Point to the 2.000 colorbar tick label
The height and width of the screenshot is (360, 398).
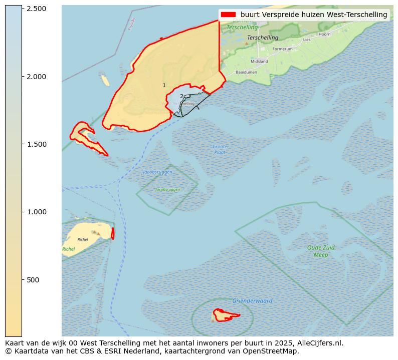(36, 77)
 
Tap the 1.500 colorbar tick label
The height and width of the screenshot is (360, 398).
(36, 144)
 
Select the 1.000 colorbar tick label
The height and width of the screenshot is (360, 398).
(36, 212)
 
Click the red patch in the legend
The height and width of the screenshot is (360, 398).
(228, 15)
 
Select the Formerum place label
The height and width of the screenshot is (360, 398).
(282, 49)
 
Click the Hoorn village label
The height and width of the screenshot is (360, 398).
(325, 34)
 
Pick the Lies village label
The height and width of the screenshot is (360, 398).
(307, 40)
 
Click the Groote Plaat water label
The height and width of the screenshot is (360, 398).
(219, 149)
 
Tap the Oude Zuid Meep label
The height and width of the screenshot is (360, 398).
(321, 251)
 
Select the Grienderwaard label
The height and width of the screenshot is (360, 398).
(252, 301)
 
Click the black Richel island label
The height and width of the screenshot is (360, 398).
(83, 239)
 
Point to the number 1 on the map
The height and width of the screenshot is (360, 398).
(164, 86)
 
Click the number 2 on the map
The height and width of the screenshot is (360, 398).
(181, 96)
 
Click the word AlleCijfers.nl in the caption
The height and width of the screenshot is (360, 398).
(321, 343)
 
